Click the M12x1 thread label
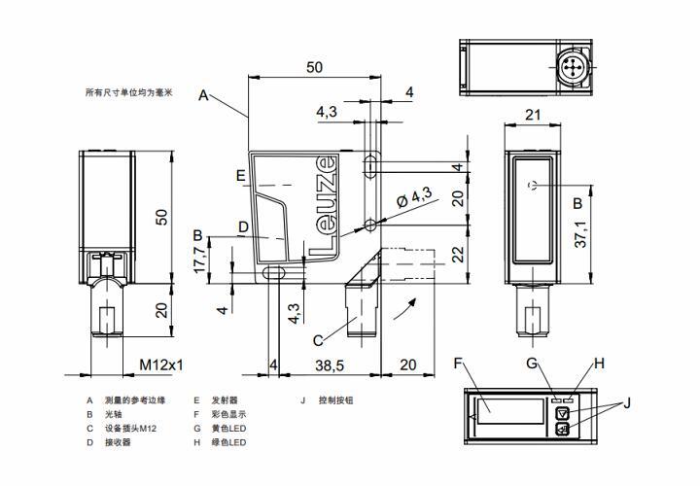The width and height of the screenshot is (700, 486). pyautogui.click(x=161, y=364)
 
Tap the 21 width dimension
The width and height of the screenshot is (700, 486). pyautogui.click(x=532, y=115)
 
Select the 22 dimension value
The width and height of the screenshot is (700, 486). pyautogui.click(x=457, y=252)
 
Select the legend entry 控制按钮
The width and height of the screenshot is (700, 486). pyautogui.click(x=336, y=399)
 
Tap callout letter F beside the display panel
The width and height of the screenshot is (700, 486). pyautogui.click(x=458, y=364)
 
